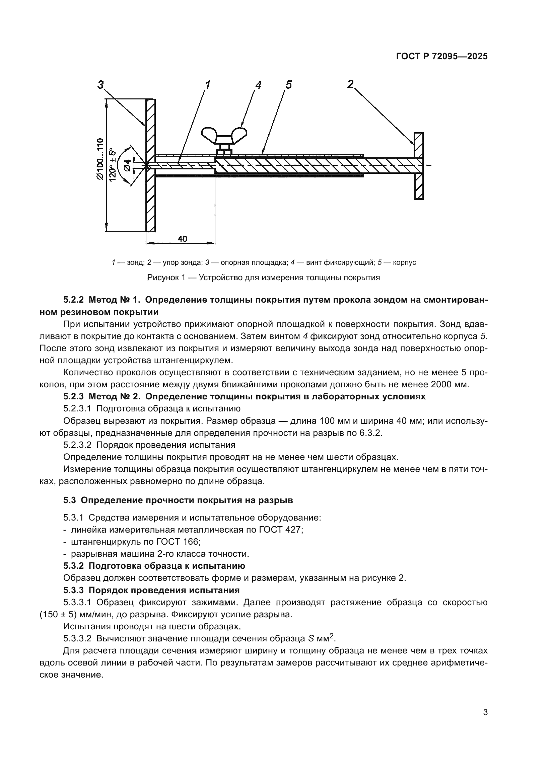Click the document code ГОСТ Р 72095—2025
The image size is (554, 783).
click(x=442, y=57)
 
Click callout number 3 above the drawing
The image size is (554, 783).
click(x=100, y=84)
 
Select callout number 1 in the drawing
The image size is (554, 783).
click(x=208, y=84)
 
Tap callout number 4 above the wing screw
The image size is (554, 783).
click(x=258, y=84)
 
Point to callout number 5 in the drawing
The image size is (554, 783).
click(x=289, y=84)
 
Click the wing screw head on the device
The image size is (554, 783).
click(x=224, y=134)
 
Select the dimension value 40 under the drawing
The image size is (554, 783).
click(x=183, y=239)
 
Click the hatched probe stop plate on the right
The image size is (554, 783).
click(x=419, y=166)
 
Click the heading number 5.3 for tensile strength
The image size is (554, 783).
click(x=71, y=500)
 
